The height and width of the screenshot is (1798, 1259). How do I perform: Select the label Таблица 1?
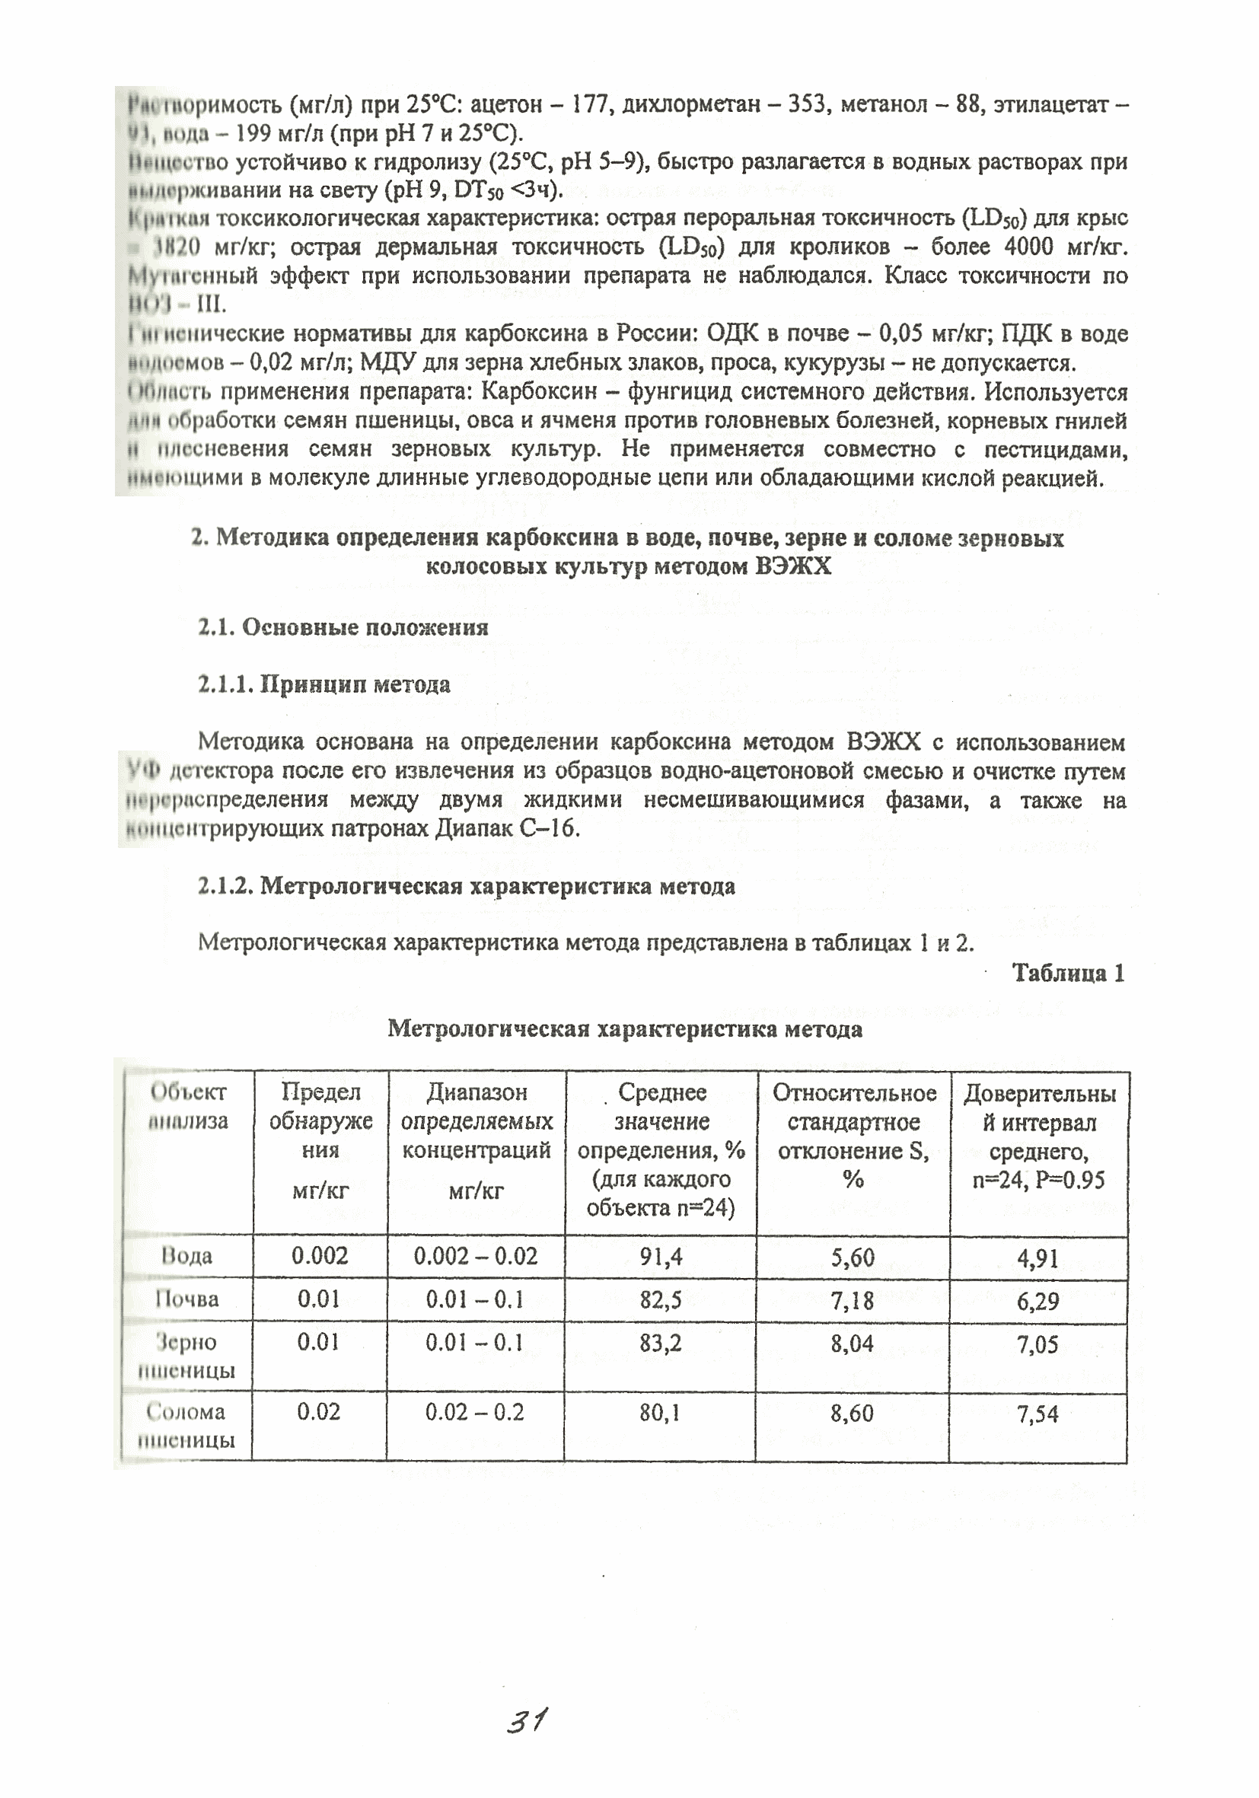click(1068, 974)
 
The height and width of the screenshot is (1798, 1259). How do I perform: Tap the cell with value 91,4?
click(661, 1256)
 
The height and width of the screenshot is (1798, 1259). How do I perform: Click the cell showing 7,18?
click(853, 1300)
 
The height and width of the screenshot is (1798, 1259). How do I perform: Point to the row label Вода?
click(186, 1256)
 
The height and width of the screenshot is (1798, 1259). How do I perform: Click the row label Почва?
click(186, 1299)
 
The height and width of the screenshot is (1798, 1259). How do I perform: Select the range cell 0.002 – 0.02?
click(475, 1256)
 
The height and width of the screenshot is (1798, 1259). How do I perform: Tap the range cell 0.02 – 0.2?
click(474, 1412)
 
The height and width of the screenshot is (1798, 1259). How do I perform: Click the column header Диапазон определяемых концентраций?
click(476, 1121)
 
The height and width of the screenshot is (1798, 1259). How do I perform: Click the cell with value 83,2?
click(661, 1343)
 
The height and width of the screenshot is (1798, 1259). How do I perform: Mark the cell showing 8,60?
click(853, 1413)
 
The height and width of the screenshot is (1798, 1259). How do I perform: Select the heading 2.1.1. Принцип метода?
click(324, 684)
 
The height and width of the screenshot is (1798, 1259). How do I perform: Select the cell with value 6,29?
click(1037, 1301)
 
